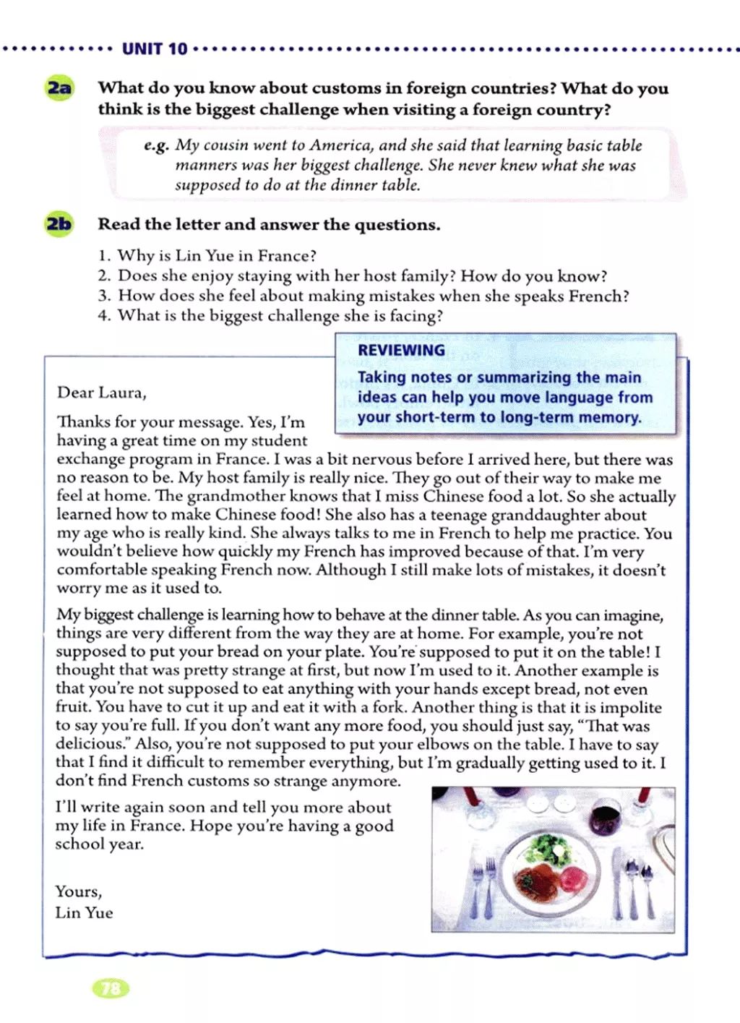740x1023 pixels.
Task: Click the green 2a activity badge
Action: [60, 89]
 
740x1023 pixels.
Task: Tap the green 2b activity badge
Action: [59, 224]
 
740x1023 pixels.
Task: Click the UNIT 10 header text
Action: [155, 49]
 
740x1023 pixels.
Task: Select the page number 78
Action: [111, 988]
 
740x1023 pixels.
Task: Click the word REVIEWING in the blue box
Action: [401, 351]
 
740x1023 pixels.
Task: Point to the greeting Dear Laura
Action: [101, 393]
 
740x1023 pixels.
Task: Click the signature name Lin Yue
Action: [84, 913]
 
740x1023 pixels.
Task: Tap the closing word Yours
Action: [78, 891]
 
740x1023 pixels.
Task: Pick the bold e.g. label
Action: [156, 145]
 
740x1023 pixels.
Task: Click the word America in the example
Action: [341, 145]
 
